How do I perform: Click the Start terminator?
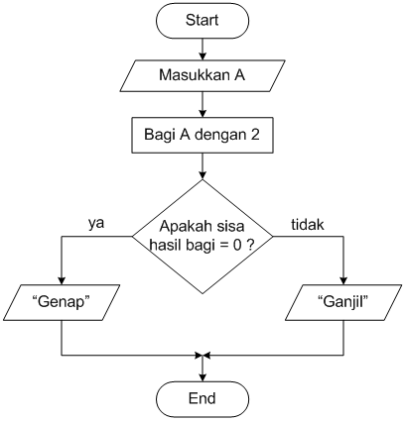point(202,19)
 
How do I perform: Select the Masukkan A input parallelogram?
point(202,74)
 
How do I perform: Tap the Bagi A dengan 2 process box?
point(202,134)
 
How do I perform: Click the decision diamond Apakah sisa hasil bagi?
point(202,237)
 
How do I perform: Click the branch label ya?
point(97,224)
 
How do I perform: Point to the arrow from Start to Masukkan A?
point(202,46)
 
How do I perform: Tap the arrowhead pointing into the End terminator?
point(202,374)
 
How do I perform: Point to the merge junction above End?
point(202,354)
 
